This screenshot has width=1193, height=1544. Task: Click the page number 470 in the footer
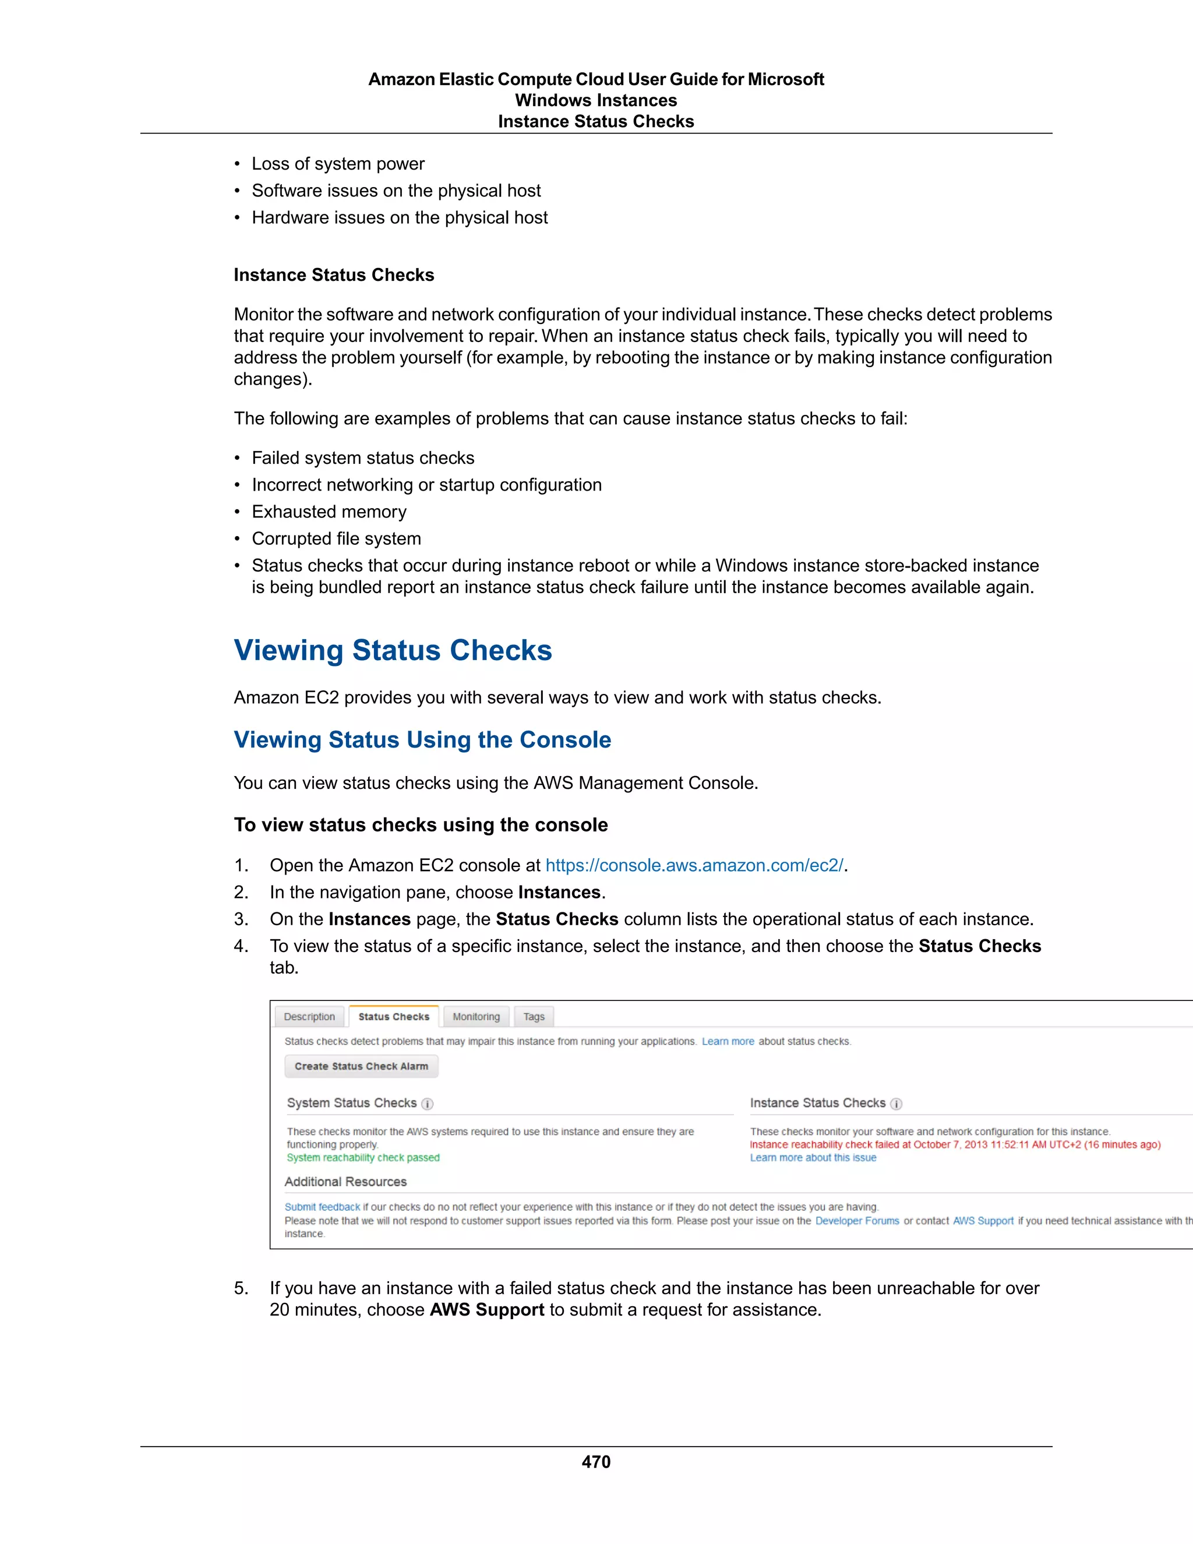[x=596, y=1461]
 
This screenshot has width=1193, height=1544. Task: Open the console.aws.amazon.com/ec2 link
[x=694, y=865]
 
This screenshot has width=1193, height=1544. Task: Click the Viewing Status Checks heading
[x=393, y=650]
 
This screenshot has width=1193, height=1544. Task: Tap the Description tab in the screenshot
[x=309, y=1017]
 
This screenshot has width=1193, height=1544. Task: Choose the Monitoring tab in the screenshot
[x=476, y=1017]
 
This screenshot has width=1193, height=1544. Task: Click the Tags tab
[x=534, y=1017]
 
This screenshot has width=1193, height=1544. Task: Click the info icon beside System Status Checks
[x=428, y=1104]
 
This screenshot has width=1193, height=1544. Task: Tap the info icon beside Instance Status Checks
[x=896, y=1104]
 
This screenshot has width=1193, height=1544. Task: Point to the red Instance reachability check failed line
[x=955, y=1144]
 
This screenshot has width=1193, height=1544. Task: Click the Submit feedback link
[x=322, y=1207]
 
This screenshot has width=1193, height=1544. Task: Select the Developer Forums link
[x=856, y=1221]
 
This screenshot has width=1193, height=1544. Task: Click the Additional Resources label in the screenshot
[x=345, y=1182]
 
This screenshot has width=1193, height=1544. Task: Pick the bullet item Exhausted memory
[x=329, y=512]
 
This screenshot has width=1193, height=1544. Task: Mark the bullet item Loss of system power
[x=338, y=164]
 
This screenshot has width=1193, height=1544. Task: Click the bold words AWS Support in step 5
[x=487, y=1309]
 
